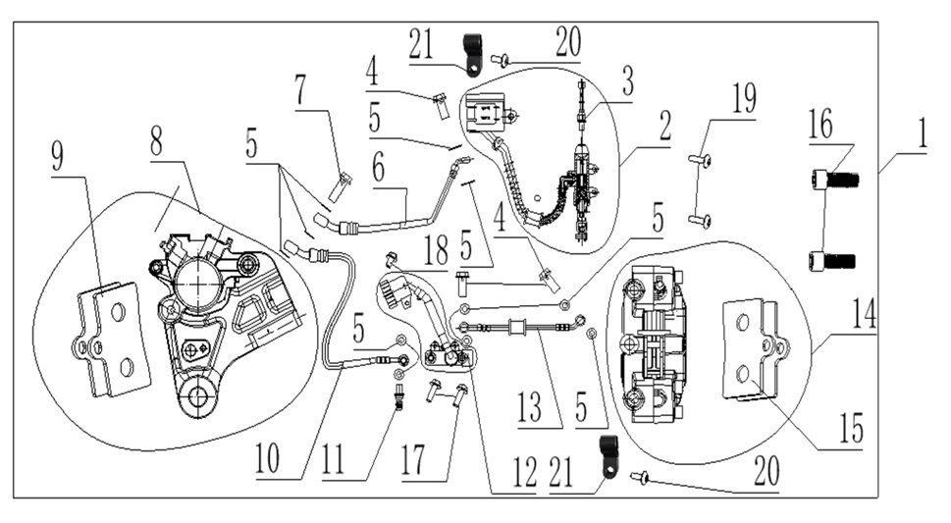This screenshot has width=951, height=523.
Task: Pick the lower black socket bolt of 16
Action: [832, 260]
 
